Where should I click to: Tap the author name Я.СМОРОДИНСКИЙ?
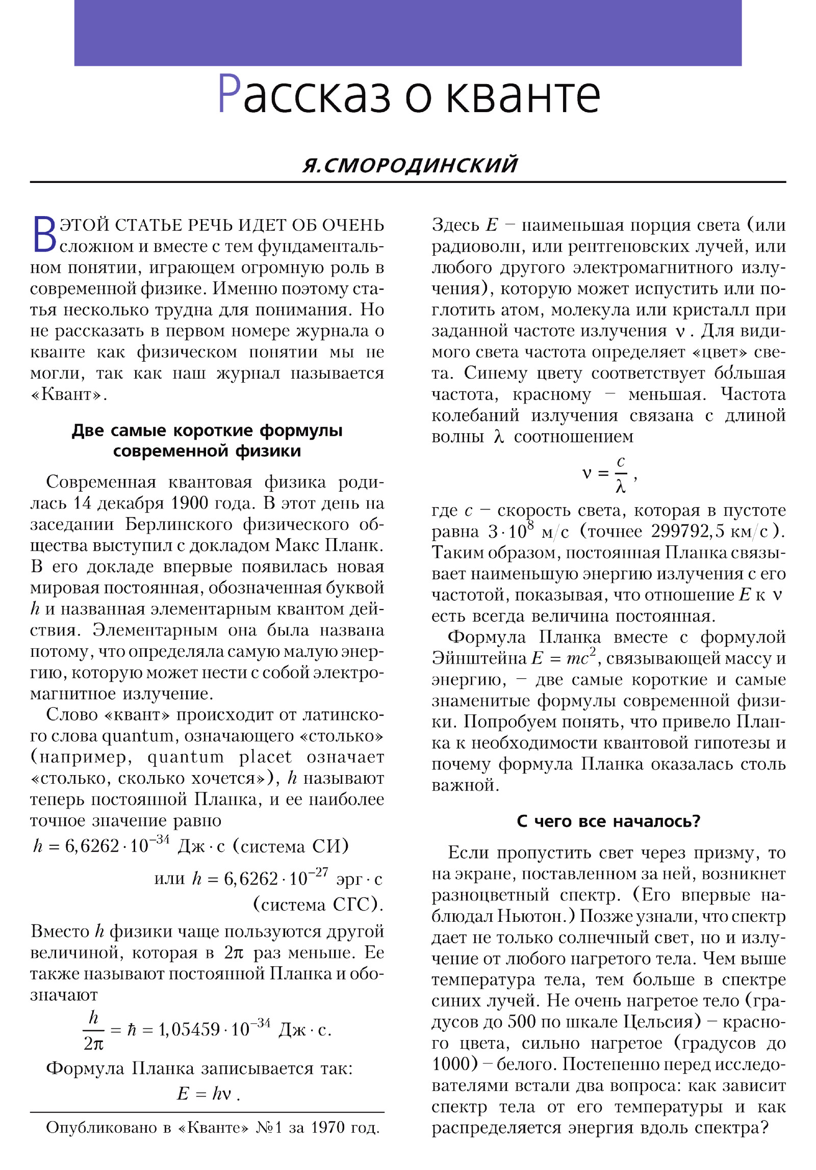click(410, 165)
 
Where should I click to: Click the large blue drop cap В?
click(44, 235)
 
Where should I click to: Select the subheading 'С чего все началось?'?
click(608, 821)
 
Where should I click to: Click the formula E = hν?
click(208, 1094)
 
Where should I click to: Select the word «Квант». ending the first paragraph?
click(68, 395)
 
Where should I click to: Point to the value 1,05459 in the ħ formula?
click(189, 1030)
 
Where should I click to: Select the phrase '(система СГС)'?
click(318, 905)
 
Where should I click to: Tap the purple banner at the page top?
click(408, 33)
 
